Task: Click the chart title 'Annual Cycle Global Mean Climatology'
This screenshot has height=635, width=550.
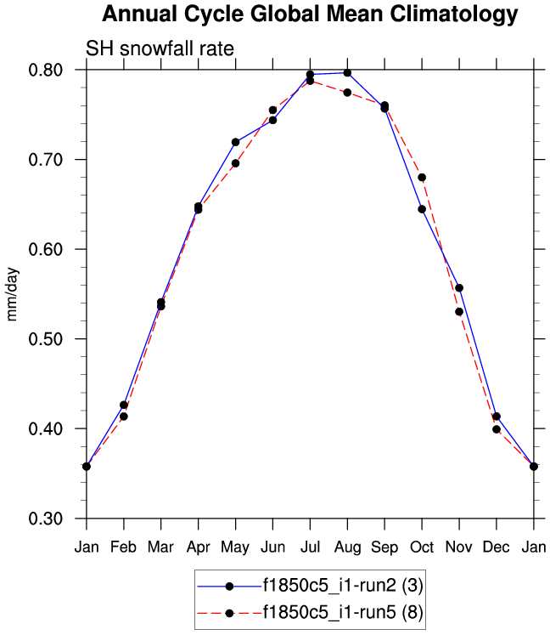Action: tap(310, 14)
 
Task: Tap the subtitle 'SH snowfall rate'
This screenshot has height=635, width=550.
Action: tap(160, 49)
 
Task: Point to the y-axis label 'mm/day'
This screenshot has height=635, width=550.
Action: tap(13, 293)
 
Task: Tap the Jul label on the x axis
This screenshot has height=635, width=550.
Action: tap(310, 545)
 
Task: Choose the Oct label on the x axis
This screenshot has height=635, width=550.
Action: tap(422, 545)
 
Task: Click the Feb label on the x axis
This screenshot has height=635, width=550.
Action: tap(124, 545)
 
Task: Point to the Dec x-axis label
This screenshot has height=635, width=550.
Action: tap(497, 545)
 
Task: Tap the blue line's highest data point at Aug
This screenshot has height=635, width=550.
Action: tap(347, 73)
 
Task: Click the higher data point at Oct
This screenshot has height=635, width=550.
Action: tap(422, 177)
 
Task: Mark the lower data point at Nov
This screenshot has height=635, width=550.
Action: tap(459, 311)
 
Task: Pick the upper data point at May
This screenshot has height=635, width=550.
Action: tap(235, 142)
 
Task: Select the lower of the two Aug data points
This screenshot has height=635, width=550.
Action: tap(347, 92)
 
